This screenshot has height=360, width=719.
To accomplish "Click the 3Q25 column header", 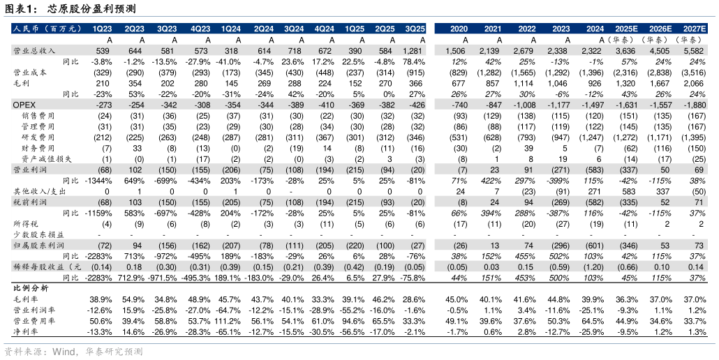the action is pyautogui.click(x=415, y=29).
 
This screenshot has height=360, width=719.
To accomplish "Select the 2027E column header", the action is pyautogui.click(x=694, y=29).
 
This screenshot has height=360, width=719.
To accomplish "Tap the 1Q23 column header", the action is pyautogui.click(x=102, y=29).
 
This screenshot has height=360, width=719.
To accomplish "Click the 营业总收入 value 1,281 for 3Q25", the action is pyautogui.click(x=415, y=51).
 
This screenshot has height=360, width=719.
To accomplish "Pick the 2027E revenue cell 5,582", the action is pyautogui.click(x=695, y=51).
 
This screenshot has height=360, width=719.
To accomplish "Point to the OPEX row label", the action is pyautogui.click(x=24, y=105).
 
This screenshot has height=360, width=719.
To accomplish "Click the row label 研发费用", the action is pyautogui.click(x=38, y=137).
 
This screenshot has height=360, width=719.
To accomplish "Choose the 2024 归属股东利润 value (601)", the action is pyautogui.click(x=595, y=246).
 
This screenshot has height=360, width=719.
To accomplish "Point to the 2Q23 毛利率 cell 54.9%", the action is pyautogui.click(x=133, y=299).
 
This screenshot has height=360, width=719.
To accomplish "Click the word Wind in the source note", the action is pyautogui.click(x=64, y=352).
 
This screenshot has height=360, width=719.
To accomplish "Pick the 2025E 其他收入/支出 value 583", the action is pyautogui.click(x=629, y=191).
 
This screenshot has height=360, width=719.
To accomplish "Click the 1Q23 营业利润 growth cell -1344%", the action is pyautogui.click(x=98, y=181).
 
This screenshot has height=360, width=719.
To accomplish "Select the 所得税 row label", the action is pyautogui.click(x=24, y=223).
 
